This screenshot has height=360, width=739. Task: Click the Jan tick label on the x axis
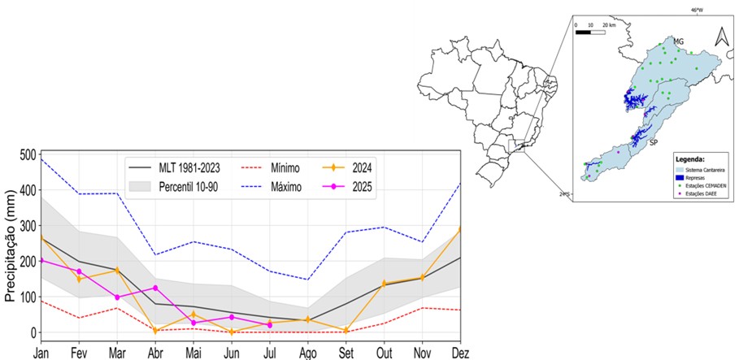click(x=40, y=353)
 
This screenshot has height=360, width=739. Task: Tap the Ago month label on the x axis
click(x=307, y=353)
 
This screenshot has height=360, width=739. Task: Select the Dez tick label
click(x=460, y=353)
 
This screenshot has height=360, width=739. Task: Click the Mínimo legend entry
click(x=280, y=168)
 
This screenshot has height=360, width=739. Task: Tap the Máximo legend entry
click(x=281, y=187)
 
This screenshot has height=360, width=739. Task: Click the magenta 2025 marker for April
click(x=155, y=288)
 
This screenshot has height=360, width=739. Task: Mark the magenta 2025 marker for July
click(x=269, y=325)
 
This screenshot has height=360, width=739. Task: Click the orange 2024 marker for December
click(x=460, y=230)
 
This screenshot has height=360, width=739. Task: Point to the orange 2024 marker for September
click(x=346, y=330)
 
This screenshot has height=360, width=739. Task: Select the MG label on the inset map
click(x=678, y=40)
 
